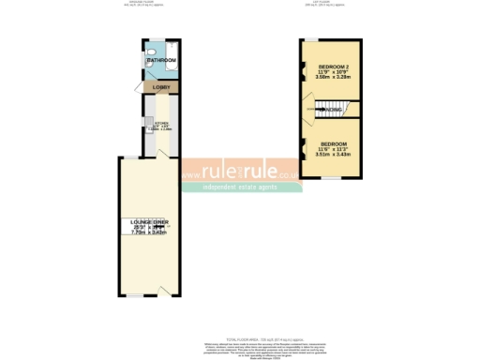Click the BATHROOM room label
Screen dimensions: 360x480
pyautogui.click(x=161, y=62)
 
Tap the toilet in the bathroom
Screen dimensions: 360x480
pyautogui.click(x=152, y=52)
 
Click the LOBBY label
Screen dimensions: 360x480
pyautogui.click(x=161, y=87)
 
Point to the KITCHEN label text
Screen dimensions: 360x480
pyautogui.click(x=160, y=123)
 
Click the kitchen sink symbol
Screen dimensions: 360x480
pyautogui.click(x=148, y=123)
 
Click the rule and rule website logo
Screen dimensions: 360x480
pyautogui.click(x=242, y=172)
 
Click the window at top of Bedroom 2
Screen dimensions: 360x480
pyautogui.click(x=308, y=39)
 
